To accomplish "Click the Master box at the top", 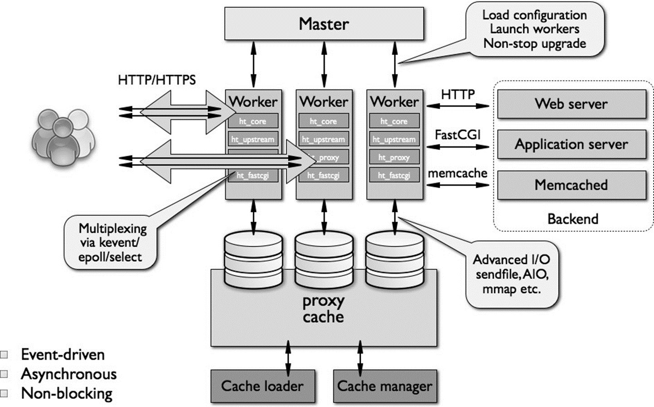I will pyautogui.click(x=324, y=24).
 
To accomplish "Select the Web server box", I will pyautogui.click(x=571, y=104).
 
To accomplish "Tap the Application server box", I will pyautogui.click(x=571, y=144).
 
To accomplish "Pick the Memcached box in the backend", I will pyautogui.click(x=571, y=185).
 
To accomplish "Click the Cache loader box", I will pyautogui.click(x=262, y=386).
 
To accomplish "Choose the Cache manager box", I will pyautogui.click(x=385, y=386).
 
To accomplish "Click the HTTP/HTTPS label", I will pyautogui.click(x=157, y=80).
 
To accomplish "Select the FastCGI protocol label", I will pyautogui.click(x=457, y=135).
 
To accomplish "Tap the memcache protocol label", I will pyautogui.click(x=457, y=173).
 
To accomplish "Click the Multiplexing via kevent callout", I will pyautogui.click(x=113, y=243).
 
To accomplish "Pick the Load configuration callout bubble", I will pyautogui.click(x=535, y=30).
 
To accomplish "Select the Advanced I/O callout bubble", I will pyautogui.click(x=511, y=274).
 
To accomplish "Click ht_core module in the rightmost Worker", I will pyautogui.click(x=394, y=121).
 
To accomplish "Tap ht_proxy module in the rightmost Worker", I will pyautogui.click(x=394, y=158).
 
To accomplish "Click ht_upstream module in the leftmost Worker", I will pyautogui.click(x=253, y=139).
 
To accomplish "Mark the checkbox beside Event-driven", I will pyautogui.click(x=4, y=355).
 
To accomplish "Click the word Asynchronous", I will pyautogui.click(x=69, y=374).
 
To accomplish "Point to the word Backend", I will pyautogui.click(x=573, y=219).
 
